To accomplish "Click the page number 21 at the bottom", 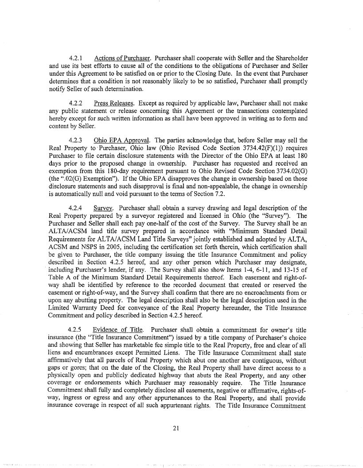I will pos(182,427).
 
